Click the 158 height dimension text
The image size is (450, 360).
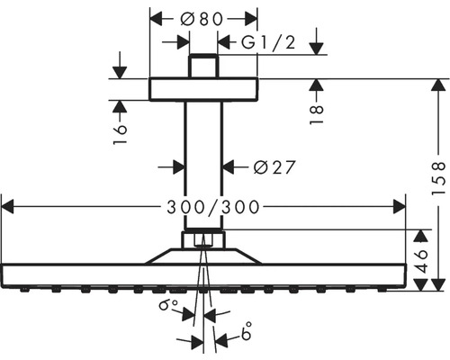point(436,179)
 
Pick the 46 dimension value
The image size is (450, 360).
point(422,259)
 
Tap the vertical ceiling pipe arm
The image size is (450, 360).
point(203,162)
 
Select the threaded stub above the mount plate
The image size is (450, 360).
point(203,67)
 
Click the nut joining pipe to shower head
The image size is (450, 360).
point(203,239)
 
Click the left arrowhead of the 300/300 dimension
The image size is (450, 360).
point(9,207)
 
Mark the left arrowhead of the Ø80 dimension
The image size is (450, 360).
point(155,17)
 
